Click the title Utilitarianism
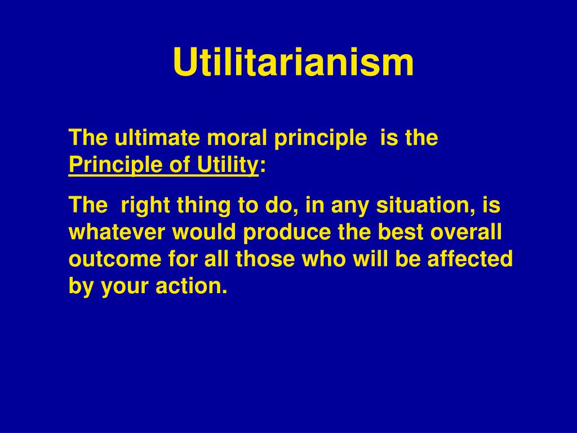click(x=293, y=62)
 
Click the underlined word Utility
click(x=227, y=165)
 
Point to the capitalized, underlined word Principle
click(x=115, y=165)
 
